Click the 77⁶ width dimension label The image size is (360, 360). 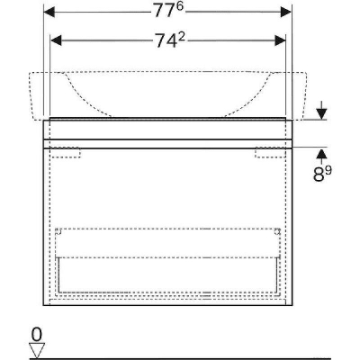(168, 12)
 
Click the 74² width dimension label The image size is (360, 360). (170, 40)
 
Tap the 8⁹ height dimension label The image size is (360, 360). (322, 174)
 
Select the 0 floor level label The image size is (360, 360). (37, 335)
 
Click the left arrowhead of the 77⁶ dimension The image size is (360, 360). (49, 12)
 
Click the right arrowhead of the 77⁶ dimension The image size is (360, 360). (286, 12)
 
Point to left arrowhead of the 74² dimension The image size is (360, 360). (56, 40)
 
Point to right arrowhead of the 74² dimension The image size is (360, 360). (280, 40)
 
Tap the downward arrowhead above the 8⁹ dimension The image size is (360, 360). (321, 114)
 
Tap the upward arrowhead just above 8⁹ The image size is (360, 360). (321, 154)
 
